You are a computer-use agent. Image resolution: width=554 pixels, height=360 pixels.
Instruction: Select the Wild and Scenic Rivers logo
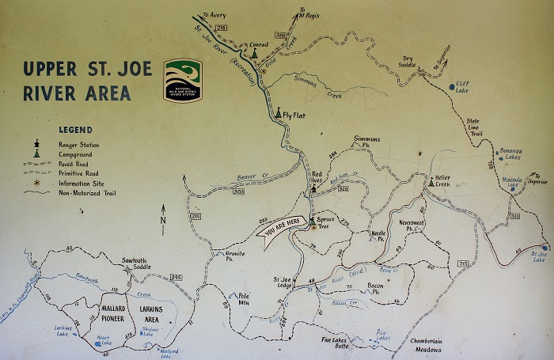point(183,80)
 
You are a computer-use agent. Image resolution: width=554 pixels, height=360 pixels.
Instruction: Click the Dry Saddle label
point(408,62)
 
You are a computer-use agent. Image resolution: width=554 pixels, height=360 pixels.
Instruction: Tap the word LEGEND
point(75,130)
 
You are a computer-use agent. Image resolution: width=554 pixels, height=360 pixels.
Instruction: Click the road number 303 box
point(238,191)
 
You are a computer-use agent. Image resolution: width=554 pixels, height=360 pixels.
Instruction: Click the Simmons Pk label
point(367,142)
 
